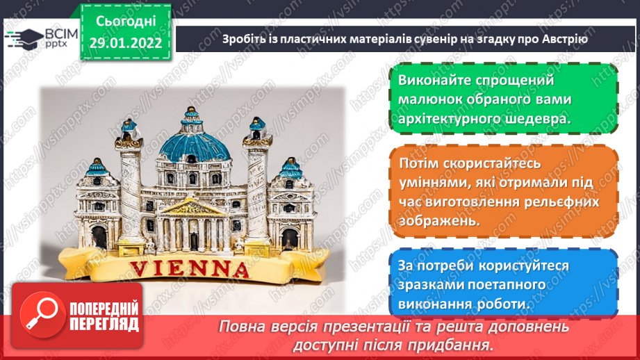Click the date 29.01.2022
pos(126,43)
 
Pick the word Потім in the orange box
pos(419,163)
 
